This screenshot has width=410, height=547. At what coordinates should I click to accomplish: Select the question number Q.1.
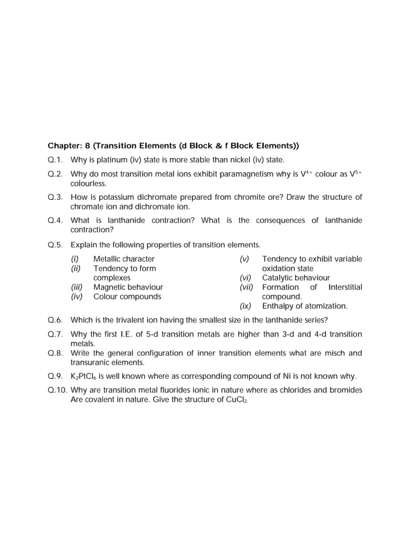56,160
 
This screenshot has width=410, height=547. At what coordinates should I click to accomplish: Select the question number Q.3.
56,197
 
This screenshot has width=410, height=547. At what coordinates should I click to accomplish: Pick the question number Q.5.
56,245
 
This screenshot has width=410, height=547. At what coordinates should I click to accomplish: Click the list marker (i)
75,259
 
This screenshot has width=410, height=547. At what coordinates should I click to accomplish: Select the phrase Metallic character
124,259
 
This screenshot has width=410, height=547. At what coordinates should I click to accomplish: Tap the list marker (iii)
77,287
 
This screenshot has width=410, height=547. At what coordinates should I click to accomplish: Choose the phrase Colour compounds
127,296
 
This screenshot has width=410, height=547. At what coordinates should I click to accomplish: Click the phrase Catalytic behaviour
296,278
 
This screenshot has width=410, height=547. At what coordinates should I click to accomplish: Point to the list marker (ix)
246,306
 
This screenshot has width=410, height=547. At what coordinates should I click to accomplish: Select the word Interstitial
345,287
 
